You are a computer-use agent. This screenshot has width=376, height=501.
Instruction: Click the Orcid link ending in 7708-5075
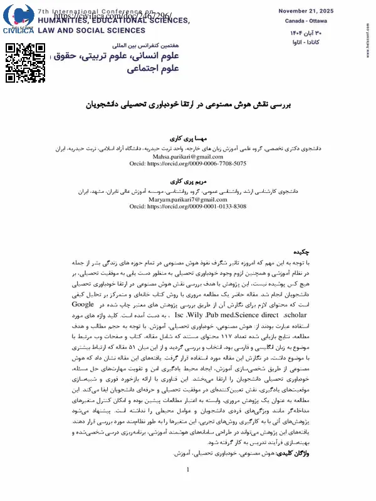pos(188,163)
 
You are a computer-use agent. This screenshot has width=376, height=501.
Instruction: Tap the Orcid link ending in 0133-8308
pos(188,206)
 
